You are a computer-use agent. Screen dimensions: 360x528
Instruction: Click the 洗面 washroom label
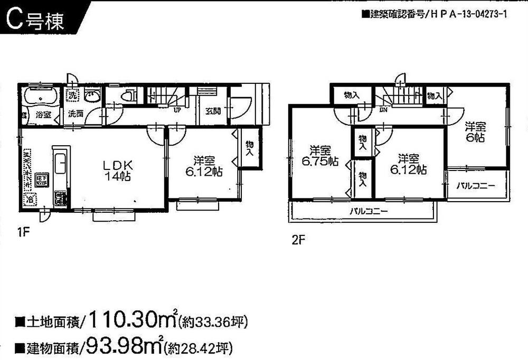click(x=74, y=113)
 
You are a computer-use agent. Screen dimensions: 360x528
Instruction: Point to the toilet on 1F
click(x=127, y=97)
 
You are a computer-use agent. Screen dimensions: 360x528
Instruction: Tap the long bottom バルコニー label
click(x=369, y=212)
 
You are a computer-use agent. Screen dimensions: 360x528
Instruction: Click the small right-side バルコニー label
click(x=476, y=186)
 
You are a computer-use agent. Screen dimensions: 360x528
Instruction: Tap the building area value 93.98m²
click(x=125, y=347)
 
